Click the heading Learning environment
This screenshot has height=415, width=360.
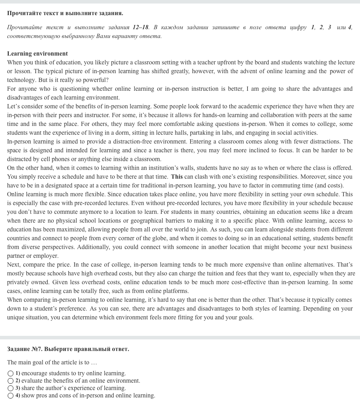pyautogui.click(x=37, y=53)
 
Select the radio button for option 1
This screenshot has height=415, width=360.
pyautogui.click(x=11, y=373)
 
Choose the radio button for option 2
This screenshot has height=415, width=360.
pyautogui.click(x=11, y=381)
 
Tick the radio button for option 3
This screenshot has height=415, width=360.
pyautogui.click(x=11, y=388)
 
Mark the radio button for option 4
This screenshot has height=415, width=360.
pyautogui.click(x=11, y=396)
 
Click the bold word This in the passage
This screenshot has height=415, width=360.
pyautogui.click(x=177, y=177)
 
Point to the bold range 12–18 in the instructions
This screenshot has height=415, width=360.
pyautogui.click(x=141, y=27)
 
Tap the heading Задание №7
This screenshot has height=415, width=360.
pyautogui.click(x=68, y=349)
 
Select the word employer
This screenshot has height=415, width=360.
pyautogui.click(x=47, y=256)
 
